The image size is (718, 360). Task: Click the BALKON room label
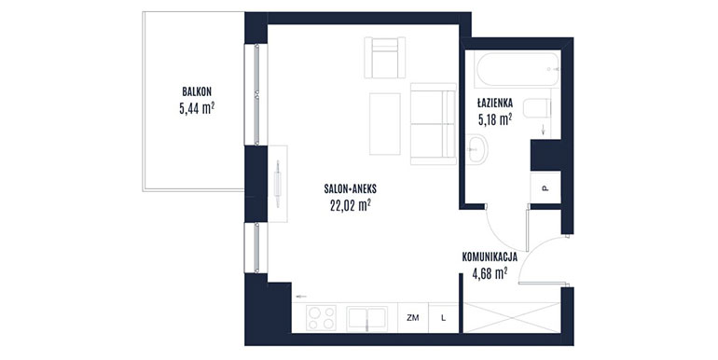197,92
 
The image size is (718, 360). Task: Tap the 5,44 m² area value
197,108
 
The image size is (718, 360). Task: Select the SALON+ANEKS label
351,188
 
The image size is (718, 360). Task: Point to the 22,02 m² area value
351,205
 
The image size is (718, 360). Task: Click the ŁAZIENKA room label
495,103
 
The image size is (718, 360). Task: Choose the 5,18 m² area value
495,119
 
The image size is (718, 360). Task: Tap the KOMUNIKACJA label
490,257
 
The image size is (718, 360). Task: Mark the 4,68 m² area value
490,274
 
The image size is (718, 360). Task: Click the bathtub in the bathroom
518,69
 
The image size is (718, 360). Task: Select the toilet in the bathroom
538,108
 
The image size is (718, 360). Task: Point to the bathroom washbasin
477,148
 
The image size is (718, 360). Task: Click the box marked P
545,187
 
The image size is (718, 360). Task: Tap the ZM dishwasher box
413,317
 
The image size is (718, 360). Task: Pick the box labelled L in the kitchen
443,317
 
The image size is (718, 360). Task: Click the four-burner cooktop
322,317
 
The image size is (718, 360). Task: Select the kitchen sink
367,318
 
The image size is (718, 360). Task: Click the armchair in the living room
384,58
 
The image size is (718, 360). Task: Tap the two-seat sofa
434,124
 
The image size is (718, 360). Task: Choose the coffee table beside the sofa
384,124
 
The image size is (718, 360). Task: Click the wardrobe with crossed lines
512,317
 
